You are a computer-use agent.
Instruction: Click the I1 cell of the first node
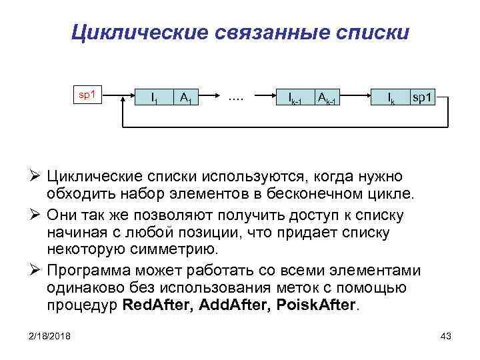click(154, 99)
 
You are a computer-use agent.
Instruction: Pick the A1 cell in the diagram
click(186, 99)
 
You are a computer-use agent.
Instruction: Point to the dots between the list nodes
click(235, 97)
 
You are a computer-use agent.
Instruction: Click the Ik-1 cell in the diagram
click(295, 99)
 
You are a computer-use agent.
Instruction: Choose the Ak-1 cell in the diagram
click(327, 99)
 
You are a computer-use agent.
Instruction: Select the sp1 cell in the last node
click(423, 99)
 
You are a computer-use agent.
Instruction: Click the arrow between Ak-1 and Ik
click(357, 98)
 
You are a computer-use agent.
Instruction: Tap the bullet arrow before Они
click(37, 217)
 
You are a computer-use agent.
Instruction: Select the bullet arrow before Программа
click(37, 271)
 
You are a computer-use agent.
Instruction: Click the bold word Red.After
click(157, 306)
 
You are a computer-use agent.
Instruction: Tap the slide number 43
click(446, 335)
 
